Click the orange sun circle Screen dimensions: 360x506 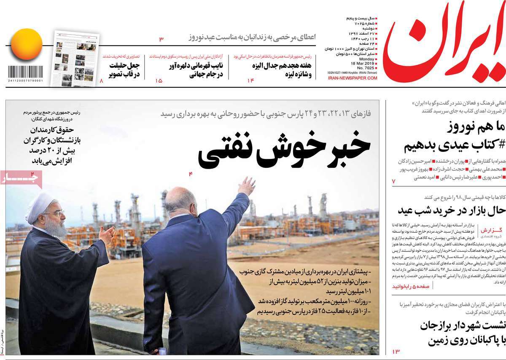tap(27, 44)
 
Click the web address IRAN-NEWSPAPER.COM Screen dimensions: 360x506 tap(352, 78)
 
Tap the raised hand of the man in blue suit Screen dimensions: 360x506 tap(247, 186)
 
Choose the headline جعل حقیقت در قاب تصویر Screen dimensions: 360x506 tap(122, 70)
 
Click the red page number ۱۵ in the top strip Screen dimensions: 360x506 tap(159, 81)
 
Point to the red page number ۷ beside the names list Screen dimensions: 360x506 tap(394, 181)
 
